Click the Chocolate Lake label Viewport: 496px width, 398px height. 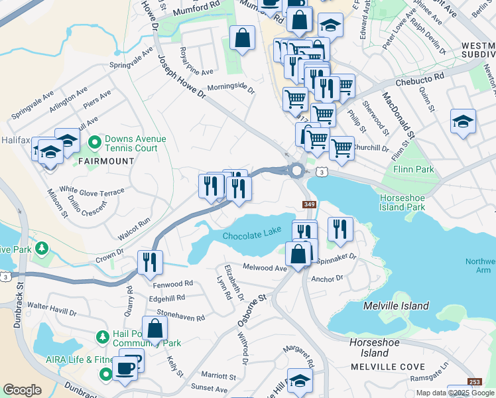(x=252, y=237)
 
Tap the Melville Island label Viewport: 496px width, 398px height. (x=396, y=306)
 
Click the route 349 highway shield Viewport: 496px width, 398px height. (x=309, y=204)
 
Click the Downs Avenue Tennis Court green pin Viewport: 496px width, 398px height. (x=95, y=143)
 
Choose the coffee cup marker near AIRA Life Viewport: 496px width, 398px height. (x=125, y=368)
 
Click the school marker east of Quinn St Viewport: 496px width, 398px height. (x=462, y=121)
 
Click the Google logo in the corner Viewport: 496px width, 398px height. (x=22, y=390)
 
